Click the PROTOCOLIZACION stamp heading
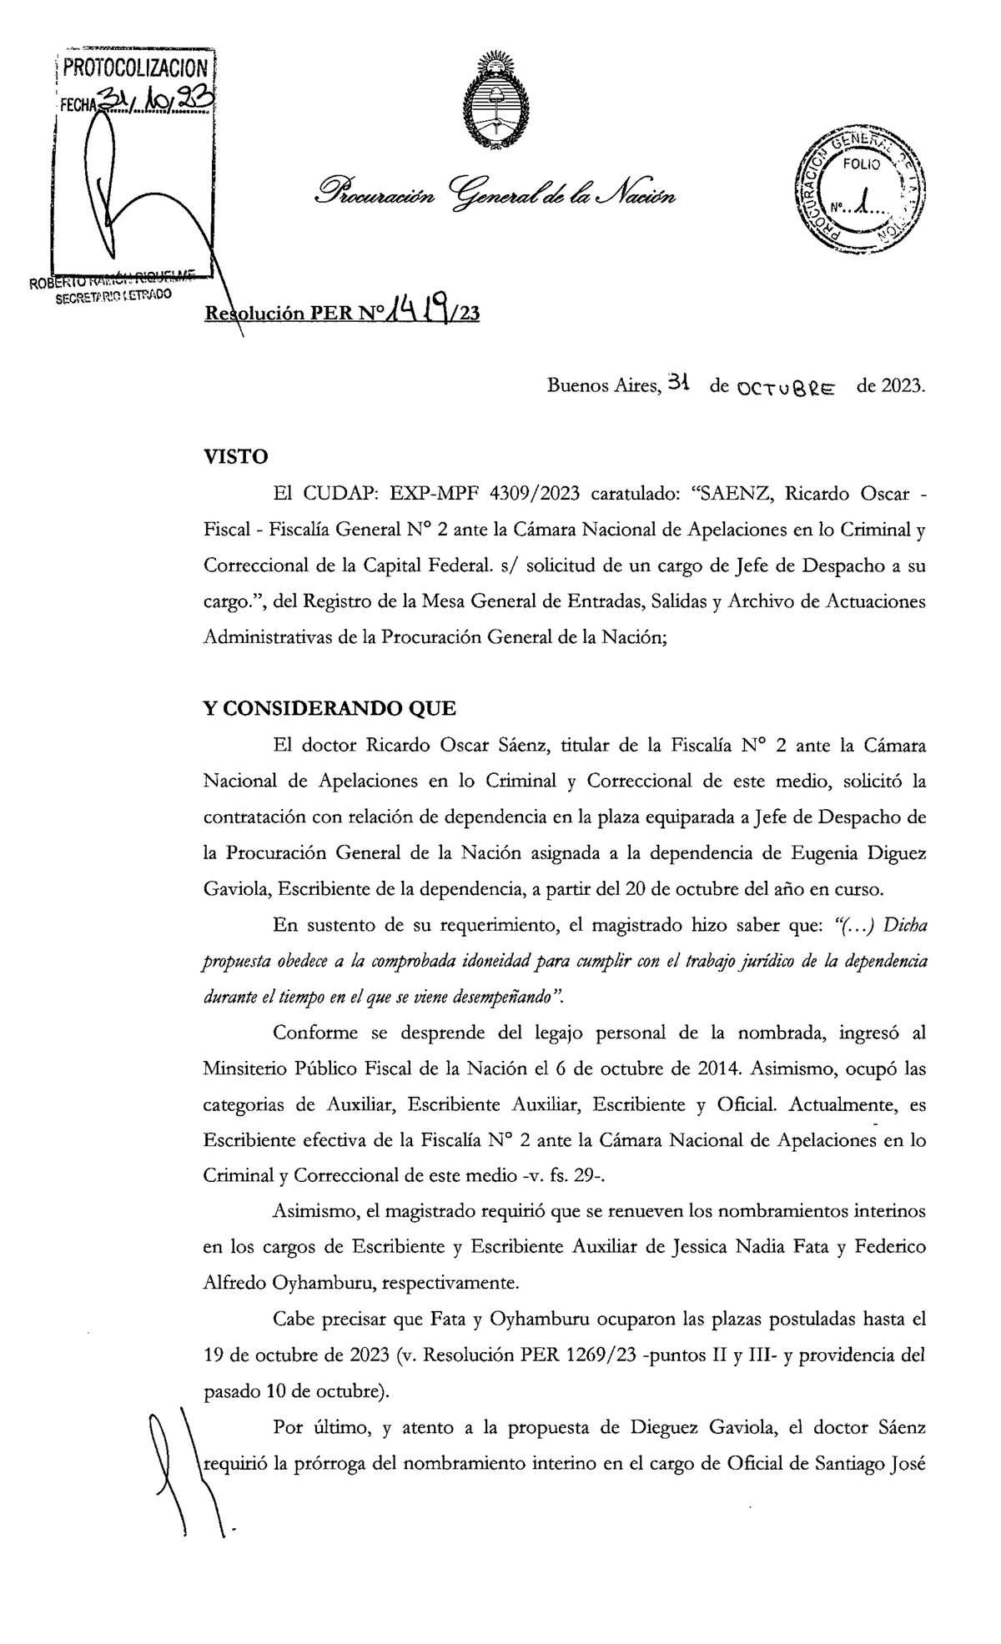(135, 68)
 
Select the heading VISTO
(236, 457)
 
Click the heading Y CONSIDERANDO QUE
(330, 709)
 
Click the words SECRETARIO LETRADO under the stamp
(113, 296)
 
